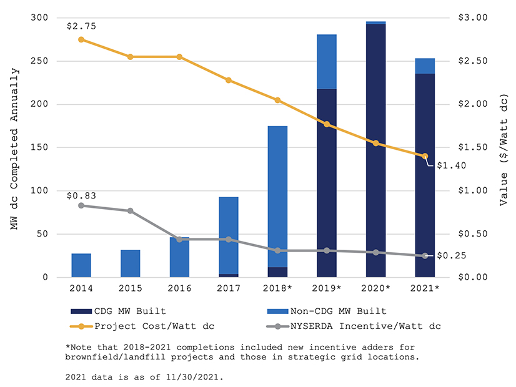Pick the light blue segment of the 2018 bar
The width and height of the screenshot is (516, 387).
(277, 197)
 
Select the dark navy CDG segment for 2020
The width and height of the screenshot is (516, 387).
(375, 150)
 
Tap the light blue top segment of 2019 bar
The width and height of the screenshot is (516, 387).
(327, 62)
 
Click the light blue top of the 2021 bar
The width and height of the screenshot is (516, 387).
(425, 66)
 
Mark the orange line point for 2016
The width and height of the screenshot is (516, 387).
(179, 57)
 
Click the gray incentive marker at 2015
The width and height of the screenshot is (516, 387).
(131, 211)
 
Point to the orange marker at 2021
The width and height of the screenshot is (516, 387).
(425, 156)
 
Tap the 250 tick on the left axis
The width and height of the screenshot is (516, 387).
(40, 61)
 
